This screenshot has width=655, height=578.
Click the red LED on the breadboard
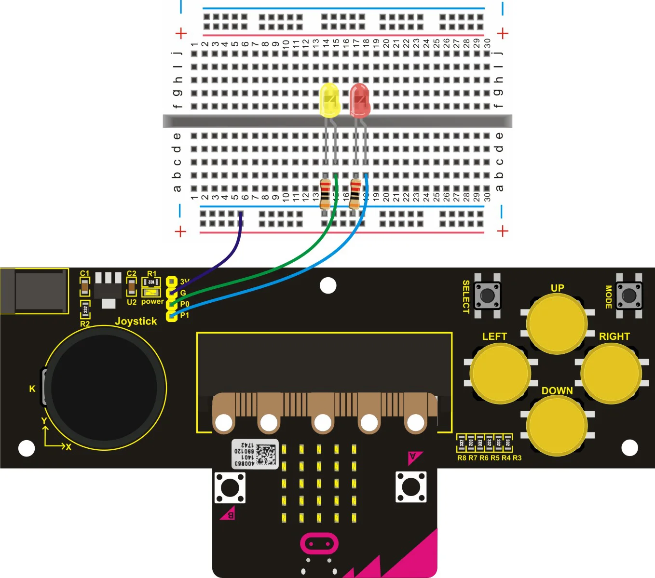point(359,100)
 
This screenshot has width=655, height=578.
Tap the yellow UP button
point(557,323)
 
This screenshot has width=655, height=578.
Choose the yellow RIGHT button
point(611,373)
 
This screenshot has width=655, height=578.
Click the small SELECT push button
point(487,295)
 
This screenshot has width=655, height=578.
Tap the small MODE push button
point(629,295)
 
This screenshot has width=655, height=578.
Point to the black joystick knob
point(104,387)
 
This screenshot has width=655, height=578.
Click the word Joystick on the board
point(136,321)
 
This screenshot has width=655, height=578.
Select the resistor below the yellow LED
point(325,193)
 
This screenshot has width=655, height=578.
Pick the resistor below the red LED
point(355,193)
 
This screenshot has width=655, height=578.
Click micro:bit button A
point(411,487)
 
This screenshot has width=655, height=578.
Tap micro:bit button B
point(230,488)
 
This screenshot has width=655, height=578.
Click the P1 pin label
point(185,315)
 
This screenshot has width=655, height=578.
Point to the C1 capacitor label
point(84,273)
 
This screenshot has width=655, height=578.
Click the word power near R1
point(152,302)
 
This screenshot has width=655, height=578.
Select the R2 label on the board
point(85,324)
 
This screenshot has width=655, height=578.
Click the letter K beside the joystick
point(32,389)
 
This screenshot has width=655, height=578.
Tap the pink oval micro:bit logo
point(319,544)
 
